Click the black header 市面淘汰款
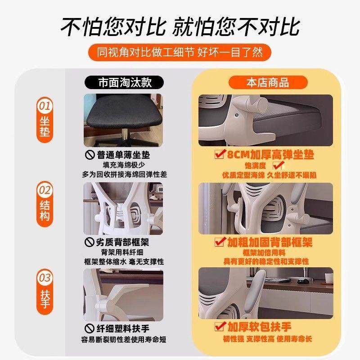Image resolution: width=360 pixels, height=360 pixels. coord(122,83)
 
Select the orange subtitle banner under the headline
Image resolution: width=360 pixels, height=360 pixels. coord(180,52)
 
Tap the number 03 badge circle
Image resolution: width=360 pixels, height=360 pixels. coord(45,278)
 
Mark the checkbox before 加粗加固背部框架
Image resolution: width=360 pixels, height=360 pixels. coord(220,242)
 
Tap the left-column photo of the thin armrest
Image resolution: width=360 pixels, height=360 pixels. coord(123,292)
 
